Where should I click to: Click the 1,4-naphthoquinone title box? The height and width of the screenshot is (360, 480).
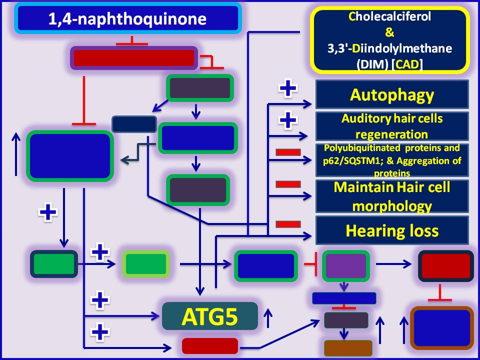[x=128, y=18]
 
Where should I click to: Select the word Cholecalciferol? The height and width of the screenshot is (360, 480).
[x=389, y=16]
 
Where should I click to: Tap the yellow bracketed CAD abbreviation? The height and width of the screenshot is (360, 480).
[x=408, y=64]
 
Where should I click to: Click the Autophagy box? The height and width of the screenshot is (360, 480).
[x=392, y=94]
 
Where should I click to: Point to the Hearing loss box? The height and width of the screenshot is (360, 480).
[x=392, y=230]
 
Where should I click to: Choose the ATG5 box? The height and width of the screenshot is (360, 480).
[x=210, y=316]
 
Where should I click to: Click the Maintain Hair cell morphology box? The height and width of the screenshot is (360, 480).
[x=392, y=196]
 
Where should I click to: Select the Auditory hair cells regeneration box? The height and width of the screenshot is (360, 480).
[x=392, y=126]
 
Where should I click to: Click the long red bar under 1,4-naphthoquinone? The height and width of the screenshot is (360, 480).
[x=134, y=58]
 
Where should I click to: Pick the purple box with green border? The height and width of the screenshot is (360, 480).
[x=345, y=265]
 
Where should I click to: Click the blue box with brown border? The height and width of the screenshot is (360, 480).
[x=441, y=328]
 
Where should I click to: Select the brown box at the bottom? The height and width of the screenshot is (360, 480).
[x=348, y=348]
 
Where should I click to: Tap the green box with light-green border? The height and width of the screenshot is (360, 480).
[x=146, y=264]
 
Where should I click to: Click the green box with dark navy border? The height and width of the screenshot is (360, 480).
[x=54, y=264]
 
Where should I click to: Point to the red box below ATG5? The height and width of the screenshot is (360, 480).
[x=210, y=346]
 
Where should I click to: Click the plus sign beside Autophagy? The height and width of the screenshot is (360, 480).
[x=287, y=88]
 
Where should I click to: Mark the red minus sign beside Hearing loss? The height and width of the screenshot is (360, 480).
[x=288, y=224]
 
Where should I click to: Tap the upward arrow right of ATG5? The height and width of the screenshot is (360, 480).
[x=268, y=318]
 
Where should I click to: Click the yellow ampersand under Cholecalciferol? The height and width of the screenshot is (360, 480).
[x=389, y=32]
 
